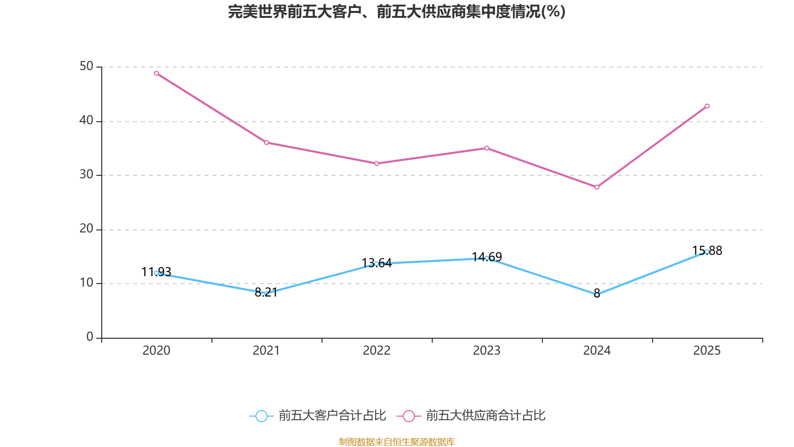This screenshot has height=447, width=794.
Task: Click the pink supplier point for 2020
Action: click(x=156, y=74)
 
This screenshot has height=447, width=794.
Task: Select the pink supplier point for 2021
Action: click(x=266, y=143)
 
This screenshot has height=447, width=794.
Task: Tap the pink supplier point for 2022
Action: click(x=377, y=163)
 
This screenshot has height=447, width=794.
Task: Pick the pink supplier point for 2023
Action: click(x=487, y=148)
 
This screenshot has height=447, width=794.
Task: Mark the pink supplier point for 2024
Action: click(x=597, y=187)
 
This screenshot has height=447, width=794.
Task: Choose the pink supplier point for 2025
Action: click(x=707, y=106)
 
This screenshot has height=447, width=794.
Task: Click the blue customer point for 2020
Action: click(x=156, y=273)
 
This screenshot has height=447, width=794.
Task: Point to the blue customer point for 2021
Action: click(x=266, y=294)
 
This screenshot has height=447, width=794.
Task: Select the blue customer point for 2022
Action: click(x=377, y=264)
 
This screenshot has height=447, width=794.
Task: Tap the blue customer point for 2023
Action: click(x=487, y=258)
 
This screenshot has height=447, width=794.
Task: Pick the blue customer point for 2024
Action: click(x=597, y=295)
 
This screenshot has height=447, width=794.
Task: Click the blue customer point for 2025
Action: click(x=707, y=252)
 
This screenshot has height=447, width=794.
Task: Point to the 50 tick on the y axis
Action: click(x=86, y=67)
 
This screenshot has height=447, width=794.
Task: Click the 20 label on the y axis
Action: click(x=86, y=229)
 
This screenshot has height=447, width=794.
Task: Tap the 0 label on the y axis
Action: click(x=90, y=337)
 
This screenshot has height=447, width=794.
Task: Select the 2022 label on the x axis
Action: click(x=377, y=351)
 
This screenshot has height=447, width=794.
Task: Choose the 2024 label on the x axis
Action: click(x=597, y=351)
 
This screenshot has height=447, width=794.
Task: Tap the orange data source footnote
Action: click(x=397, y=442)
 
